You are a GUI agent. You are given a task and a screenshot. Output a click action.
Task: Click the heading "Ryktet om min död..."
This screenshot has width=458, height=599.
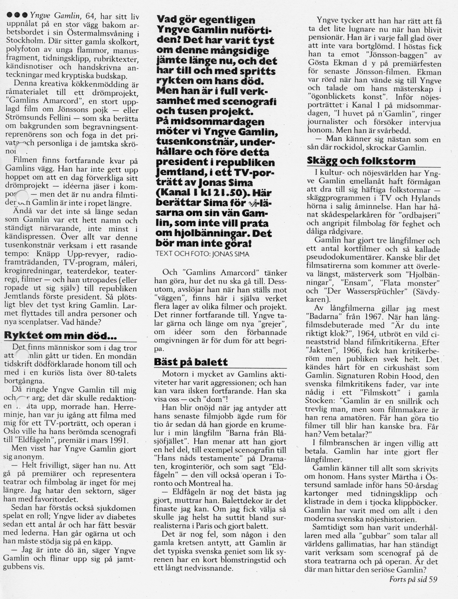pos(60,336)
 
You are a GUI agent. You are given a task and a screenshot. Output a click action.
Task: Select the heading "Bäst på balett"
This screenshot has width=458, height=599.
pos(191,362)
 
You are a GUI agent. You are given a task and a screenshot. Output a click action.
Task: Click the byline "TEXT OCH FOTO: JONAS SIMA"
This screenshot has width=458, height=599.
pos(202,254)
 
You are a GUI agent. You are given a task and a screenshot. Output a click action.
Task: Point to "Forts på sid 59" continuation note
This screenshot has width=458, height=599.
pos(413,579)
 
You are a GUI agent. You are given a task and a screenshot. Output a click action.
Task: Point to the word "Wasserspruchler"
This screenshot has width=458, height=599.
pos(377,291)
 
